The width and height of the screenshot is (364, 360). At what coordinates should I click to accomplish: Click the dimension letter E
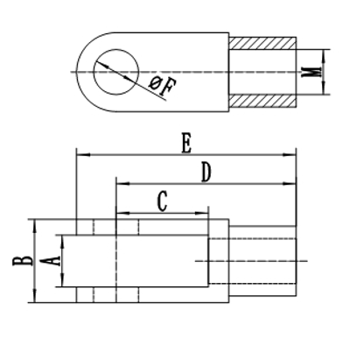185,144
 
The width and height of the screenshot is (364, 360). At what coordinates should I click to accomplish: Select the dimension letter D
206,173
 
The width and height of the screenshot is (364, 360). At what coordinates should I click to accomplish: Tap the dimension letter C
162,201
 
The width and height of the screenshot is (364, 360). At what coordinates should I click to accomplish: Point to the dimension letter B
17,259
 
